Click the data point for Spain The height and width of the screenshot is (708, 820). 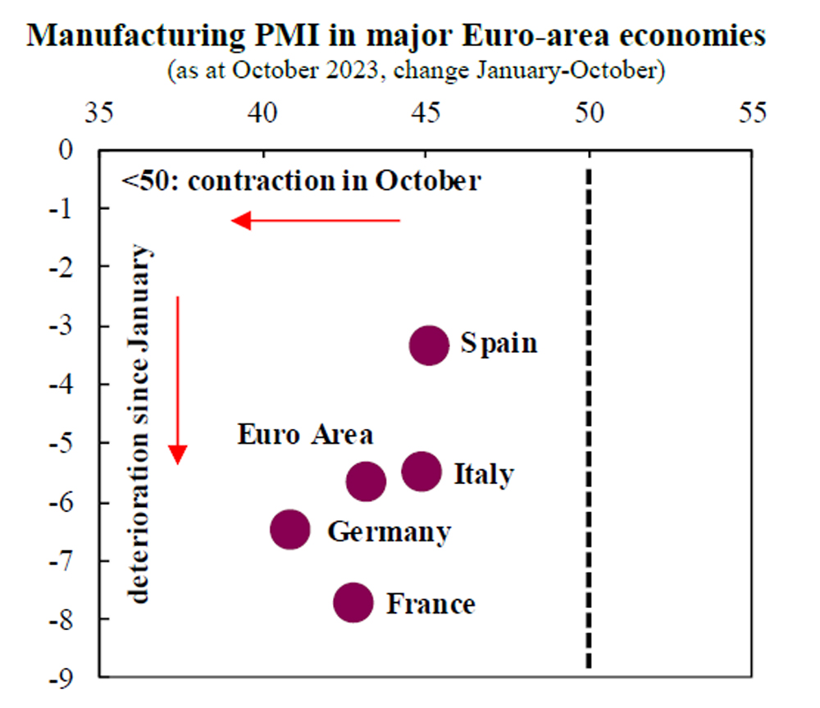tap(429, 345)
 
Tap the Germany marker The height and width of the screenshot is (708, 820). tap(290, 530)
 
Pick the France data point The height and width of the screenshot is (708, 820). tap(353, 603)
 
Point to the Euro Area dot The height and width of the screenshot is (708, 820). tap(366, 482)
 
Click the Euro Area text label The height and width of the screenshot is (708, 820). tap(305, 434)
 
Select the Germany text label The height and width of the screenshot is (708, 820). tap(389, 532)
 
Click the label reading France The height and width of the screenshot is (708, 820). tap(430, 605)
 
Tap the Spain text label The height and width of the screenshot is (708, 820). tap(499, 342)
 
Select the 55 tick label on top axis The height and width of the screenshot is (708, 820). tap(752, 113)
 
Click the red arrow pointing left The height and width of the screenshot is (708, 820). tap(316, 220)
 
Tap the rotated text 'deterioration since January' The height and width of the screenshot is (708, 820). tap(140, 423)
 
